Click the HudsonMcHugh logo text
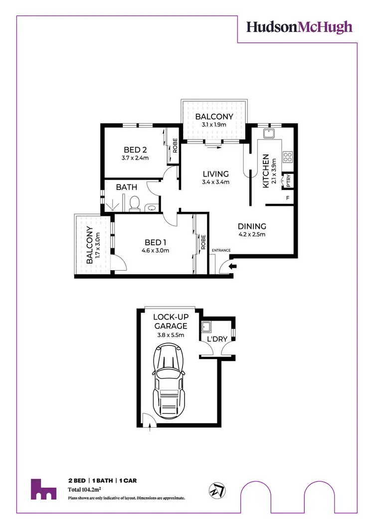click(x=300, y=27)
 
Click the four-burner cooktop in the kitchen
click(x=287, y=157)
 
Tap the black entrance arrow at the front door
click(x=233, y=267)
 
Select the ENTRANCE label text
click(x=222, y=250)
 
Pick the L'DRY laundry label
click(x=217, y=339)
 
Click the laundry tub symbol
click(x=206, y=328)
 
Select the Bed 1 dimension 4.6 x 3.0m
click(x=155, y=250)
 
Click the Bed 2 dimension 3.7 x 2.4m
click(x=134, y=158)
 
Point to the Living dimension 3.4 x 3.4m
click(x=215, y=182)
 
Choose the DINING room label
click(x=252, y=226)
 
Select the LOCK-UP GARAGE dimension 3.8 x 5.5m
click(x=170, y=336)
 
